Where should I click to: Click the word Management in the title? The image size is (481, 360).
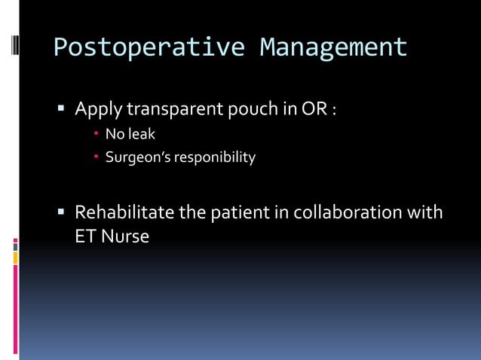(x=333, y=47)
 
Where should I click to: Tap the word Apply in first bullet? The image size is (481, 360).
(x=98, y=110)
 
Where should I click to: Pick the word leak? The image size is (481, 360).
(x=142, y=135)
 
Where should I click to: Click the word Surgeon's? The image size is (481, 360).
(x=139, y=157)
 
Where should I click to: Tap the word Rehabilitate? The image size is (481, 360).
(x=124, y=212)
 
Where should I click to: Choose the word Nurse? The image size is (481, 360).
(x=125, y=236)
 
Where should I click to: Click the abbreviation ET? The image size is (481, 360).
(x=85, y=236)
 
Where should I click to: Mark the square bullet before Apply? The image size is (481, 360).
(x=63, y=110)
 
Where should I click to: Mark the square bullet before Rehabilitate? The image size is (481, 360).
(x=63, y=212)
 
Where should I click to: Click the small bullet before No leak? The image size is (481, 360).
(x=97, y=136)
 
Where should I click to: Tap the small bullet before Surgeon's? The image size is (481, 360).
(x=97, y=157)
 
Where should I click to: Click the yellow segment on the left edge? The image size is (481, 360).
(x=15, y=258)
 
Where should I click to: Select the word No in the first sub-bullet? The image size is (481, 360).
(x=114, y=135)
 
